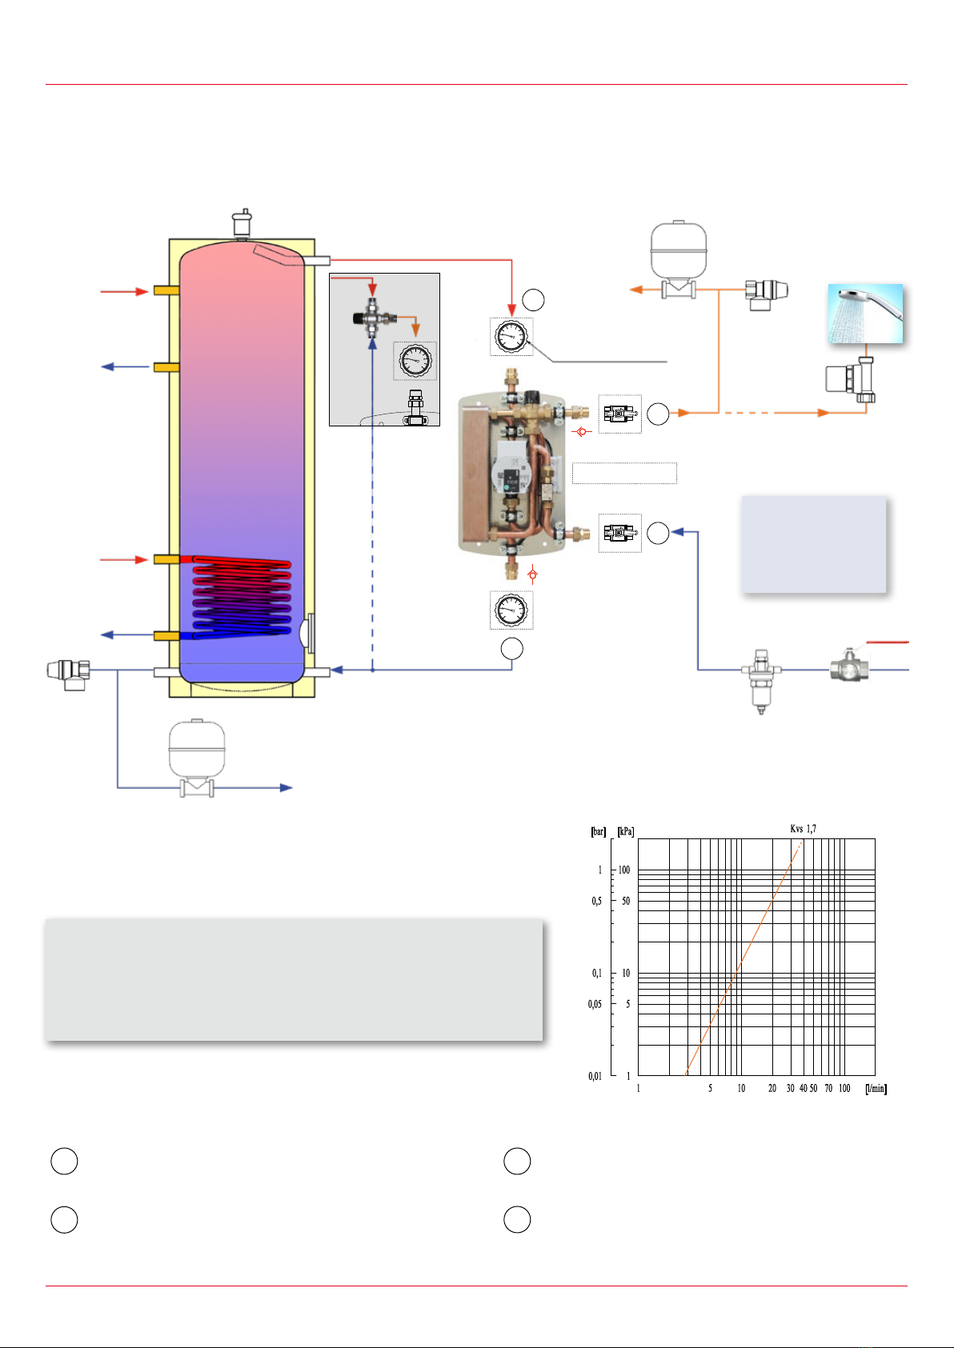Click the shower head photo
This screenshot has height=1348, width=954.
point(865,314)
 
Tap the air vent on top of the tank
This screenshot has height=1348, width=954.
point(242,223)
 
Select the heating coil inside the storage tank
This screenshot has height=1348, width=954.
point(242,596)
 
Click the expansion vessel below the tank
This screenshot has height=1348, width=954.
point(197,757)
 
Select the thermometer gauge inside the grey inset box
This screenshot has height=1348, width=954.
point(415,361)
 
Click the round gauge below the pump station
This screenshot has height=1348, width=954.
point(511,610)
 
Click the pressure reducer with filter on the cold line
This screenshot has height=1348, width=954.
point(761,680)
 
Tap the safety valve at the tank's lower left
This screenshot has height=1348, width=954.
point(69,674)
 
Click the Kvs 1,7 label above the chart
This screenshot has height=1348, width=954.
point(803,829)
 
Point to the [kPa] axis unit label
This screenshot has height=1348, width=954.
point(625,831)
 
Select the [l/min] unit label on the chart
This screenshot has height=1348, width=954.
point(876,1088)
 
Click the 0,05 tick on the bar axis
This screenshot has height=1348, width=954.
point(595,1004)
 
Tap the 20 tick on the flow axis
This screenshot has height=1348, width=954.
point(772,1088)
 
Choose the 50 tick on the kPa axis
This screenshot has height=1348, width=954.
point(626,901)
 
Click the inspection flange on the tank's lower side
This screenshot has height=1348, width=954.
point(307,633)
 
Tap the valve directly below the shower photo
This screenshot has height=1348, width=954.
point(851,379)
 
